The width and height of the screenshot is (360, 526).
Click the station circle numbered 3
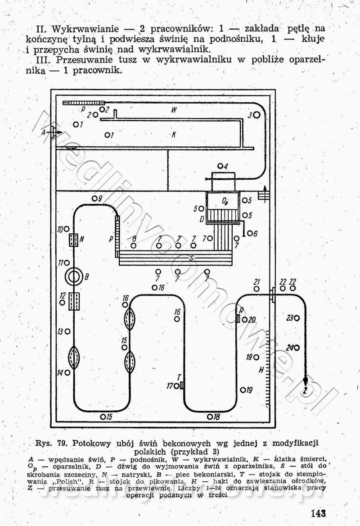tap(257, 115)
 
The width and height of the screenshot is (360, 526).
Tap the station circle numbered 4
tap(220, 166)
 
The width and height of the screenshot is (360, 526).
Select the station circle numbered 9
tap(94, 199)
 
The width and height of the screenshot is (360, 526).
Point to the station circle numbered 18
tap(210, 417)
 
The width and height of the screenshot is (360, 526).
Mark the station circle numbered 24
tap(297, 348)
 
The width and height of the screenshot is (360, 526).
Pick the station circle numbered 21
tap(256, 288)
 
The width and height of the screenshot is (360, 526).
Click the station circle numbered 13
tap(67, 331)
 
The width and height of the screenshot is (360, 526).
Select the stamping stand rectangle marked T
tap(182, 385)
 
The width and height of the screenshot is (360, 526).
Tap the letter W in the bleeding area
tap(173, 109)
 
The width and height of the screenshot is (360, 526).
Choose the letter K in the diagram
tap(173, 134)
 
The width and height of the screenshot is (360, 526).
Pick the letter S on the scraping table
tap(191, 258)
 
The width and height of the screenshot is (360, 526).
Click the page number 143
tap(318, 513)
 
